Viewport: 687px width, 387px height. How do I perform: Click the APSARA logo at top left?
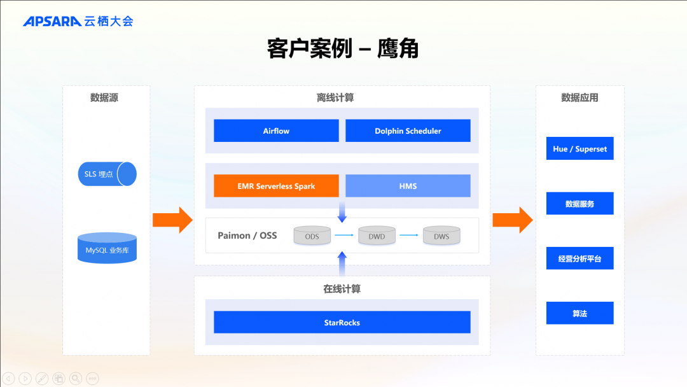click(78, 21)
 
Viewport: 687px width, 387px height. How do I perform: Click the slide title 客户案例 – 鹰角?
click(343, 48)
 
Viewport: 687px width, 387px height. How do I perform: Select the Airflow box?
click(276, 130)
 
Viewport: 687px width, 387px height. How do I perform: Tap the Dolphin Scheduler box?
click(408, 130)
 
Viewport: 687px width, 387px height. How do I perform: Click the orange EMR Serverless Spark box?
click(276, 186)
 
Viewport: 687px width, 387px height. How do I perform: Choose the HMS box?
click(408, 186)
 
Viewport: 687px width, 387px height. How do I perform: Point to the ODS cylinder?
click(312, 236)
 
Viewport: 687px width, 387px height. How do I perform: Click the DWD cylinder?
click(377, 236)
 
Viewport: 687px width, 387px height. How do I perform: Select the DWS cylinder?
click(441, 236)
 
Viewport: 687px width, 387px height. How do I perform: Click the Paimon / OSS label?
click(247, 236)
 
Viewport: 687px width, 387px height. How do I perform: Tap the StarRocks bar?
click(342, 322)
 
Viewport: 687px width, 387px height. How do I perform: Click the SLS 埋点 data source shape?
click(107, 174)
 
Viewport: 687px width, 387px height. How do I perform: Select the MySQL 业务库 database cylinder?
click(107, 249)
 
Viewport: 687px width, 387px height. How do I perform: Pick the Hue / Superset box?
click(579, 149)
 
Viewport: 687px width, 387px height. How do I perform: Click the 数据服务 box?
click(579, 204)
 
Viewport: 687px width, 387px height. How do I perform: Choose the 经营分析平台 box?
click(579, 258)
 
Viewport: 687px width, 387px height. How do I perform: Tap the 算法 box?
click(579, 313)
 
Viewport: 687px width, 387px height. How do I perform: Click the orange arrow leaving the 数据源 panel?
click(172, 220)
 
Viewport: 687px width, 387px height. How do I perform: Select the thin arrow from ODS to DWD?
click(344, 236)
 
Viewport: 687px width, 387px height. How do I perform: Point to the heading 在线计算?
click(342, 289)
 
